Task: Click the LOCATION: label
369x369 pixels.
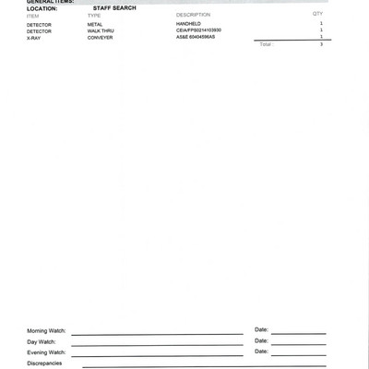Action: point(42,8)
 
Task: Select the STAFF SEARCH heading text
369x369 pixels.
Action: point(114,8)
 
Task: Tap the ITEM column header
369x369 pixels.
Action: point(33,16)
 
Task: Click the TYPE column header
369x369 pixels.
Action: point(94,16)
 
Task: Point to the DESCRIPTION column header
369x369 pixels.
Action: point(193,16)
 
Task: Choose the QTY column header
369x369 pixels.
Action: point(317,15)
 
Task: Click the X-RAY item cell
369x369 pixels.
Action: point(34,38)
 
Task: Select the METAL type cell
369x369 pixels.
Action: point(95,25)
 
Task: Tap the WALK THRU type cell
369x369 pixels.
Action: point(101,31)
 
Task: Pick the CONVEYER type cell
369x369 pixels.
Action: point(100,38)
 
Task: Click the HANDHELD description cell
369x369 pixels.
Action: point(188,25)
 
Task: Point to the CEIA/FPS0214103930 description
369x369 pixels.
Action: point(198,31)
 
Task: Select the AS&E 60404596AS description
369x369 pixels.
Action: point(196,38)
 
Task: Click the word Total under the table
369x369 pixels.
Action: point(266,44)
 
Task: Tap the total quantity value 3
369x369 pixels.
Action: point(321,44)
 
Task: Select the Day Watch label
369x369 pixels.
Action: point(42,342)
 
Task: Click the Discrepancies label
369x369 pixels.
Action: point(44,363)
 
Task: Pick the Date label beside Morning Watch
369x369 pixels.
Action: point(261,329)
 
